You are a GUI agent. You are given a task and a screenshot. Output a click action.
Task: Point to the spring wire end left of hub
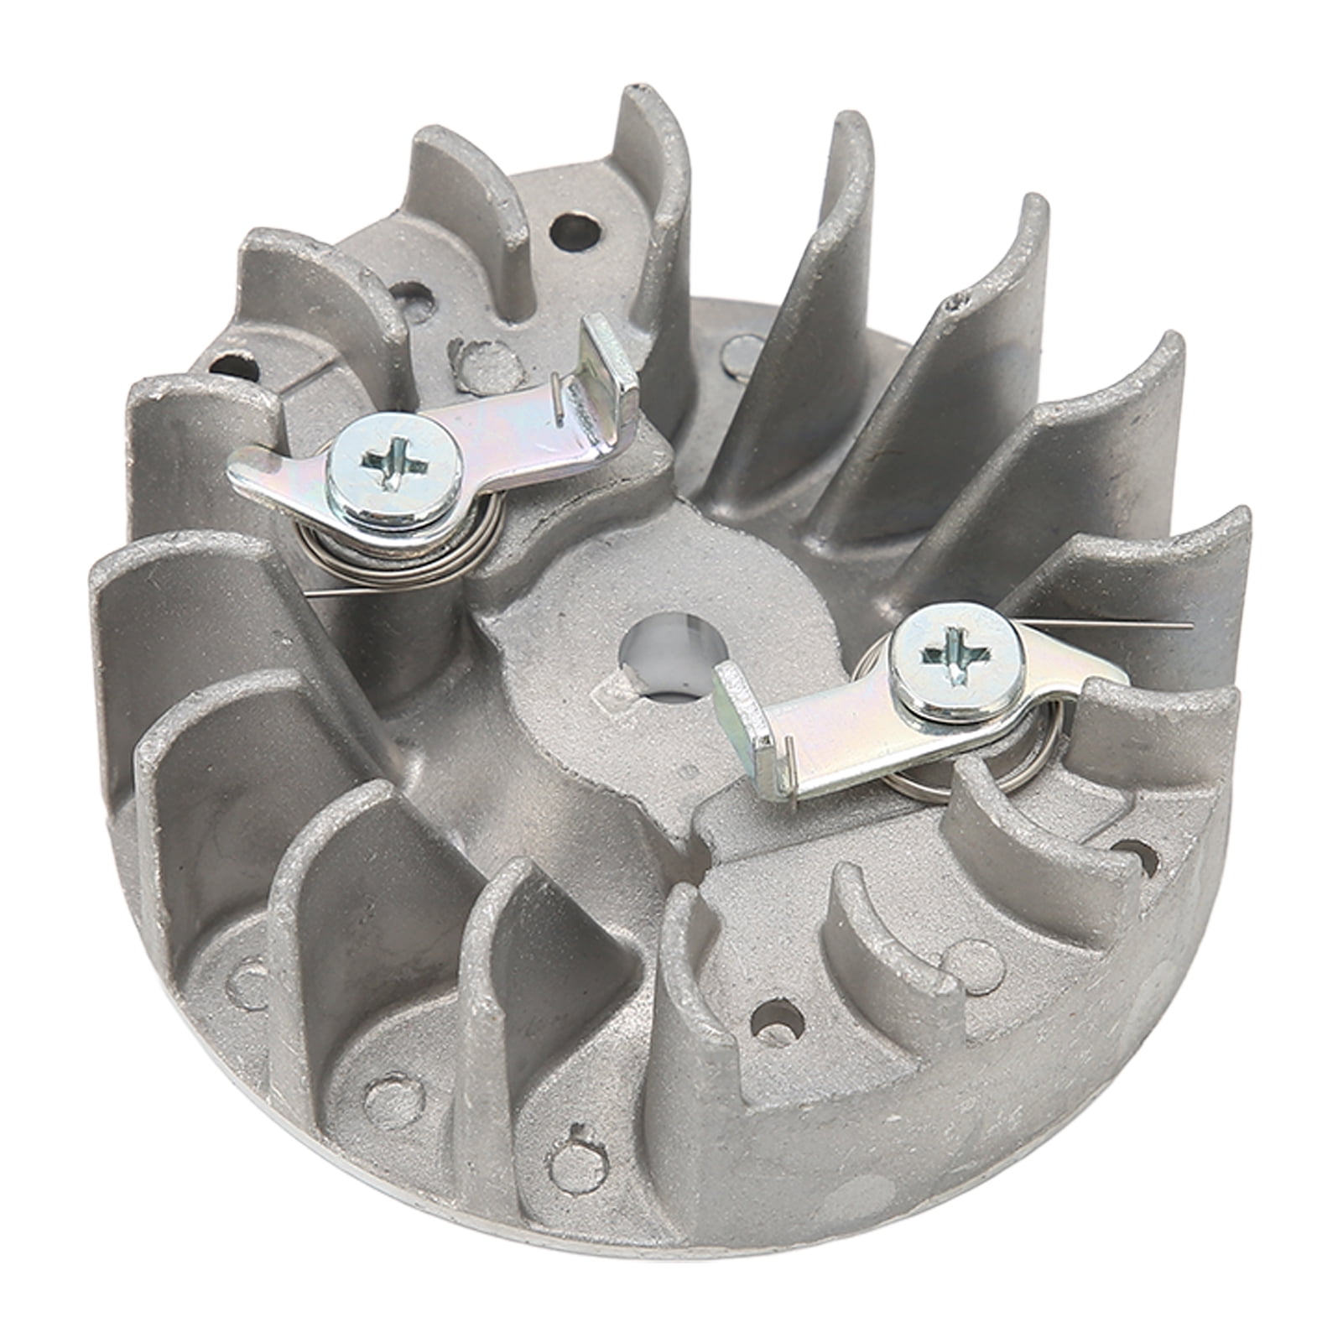(323, 594)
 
